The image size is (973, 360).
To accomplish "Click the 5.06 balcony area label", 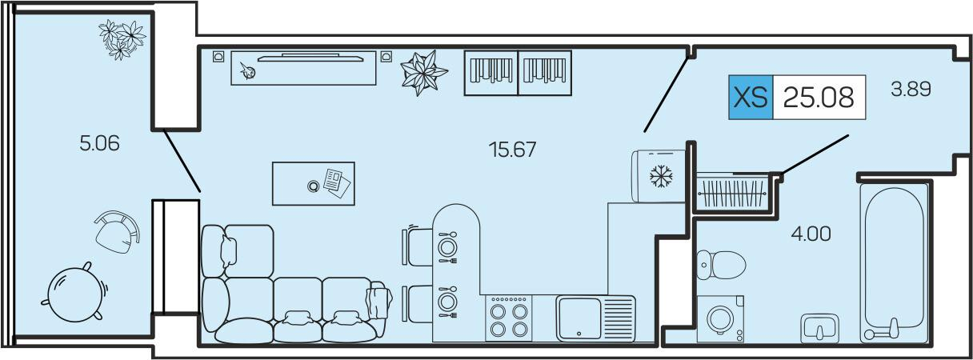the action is click(x=99, y=143).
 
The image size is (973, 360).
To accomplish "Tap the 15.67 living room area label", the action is click(x=513, y=150).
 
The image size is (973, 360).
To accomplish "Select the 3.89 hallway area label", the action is click(x=911, y=90).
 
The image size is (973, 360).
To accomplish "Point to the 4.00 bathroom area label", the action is click(x=811, y=234).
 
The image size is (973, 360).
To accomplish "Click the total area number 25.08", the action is click(x=819, y=98).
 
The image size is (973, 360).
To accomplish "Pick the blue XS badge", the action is click(x=751, y=98).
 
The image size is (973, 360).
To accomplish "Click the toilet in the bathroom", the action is click(x=721, y=265).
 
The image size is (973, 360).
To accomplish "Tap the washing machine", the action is click(x=720, y=319).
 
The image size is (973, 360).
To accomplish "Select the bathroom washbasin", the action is click(x=819, y=328).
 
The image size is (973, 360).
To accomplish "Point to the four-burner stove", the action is click(x=509, y=318).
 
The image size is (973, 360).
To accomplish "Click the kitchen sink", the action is click(x=595, y=318).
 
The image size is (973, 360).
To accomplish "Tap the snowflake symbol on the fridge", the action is click(x=661, y=176).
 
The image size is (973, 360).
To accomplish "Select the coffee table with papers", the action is click(x=313, y=184).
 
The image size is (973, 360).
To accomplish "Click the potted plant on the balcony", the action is click(x=121, y=39).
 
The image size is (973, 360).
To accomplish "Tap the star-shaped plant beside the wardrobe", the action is click(x=423, y=73).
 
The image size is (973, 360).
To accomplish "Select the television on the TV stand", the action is click(x=310, y=58).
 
